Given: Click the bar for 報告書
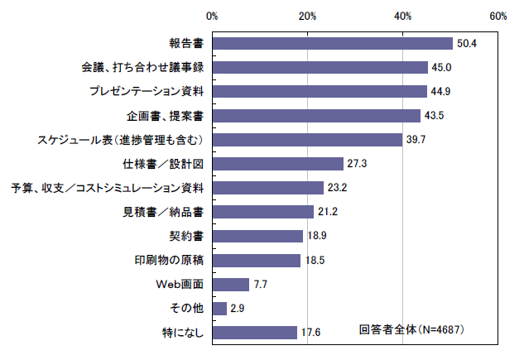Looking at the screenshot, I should pos(332,43).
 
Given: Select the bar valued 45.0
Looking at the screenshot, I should pos(320,67).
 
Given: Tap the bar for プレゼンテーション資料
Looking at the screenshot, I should pos(319,91).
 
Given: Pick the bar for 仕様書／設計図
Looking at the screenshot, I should pos(277,164).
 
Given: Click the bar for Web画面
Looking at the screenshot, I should pos(230,285).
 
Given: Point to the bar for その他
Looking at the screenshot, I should pos(219,309).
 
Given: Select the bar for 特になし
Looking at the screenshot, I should pos(254,333).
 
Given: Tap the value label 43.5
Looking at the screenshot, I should pos(434,116).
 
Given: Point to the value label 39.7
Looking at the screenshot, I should pos(416,140).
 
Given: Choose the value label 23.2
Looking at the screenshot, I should pos(337,188).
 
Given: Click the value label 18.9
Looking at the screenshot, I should pos(316,237).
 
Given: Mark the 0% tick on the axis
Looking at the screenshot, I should pos(212,16).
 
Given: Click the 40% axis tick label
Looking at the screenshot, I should pos(403,16).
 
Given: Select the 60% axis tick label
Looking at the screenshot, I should pos(498,16).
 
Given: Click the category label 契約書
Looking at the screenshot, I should pos(186,237).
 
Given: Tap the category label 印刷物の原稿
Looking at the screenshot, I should pos(170,261).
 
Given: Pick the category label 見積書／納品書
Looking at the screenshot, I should pos(164,212).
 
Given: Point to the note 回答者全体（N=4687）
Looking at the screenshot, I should pos(411,329).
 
